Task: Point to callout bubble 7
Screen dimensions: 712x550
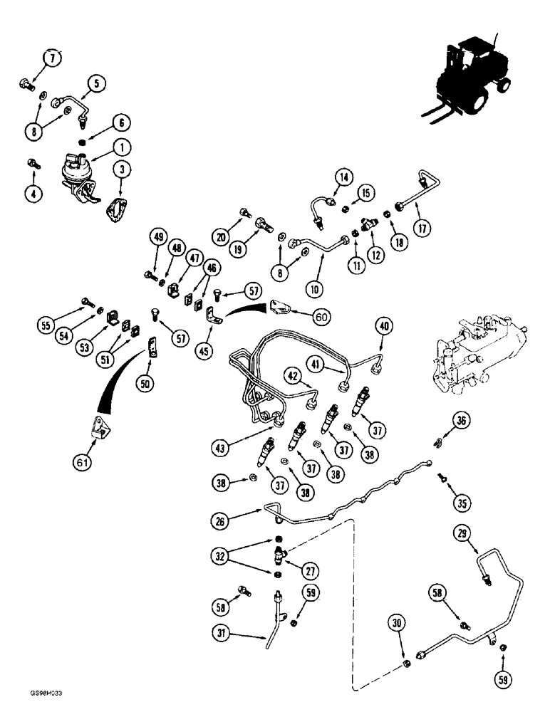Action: [x=53, y=58]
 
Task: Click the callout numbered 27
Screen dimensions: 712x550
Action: [x=310, y=570]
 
